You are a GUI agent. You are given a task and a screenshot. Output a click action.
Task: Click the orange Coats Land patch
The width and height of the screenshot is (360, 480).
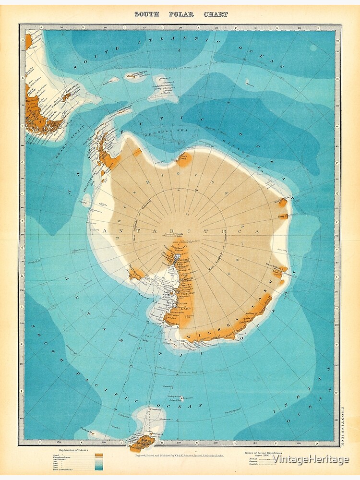pos(184,158)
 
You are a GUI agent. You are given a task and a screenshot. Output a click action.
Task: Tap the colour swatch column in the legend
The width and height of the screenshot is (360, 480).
pos(99,461)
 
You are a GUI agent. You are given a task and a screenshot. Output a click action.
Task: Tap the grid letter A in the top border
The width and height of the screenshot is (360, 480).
pos(43,27)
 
